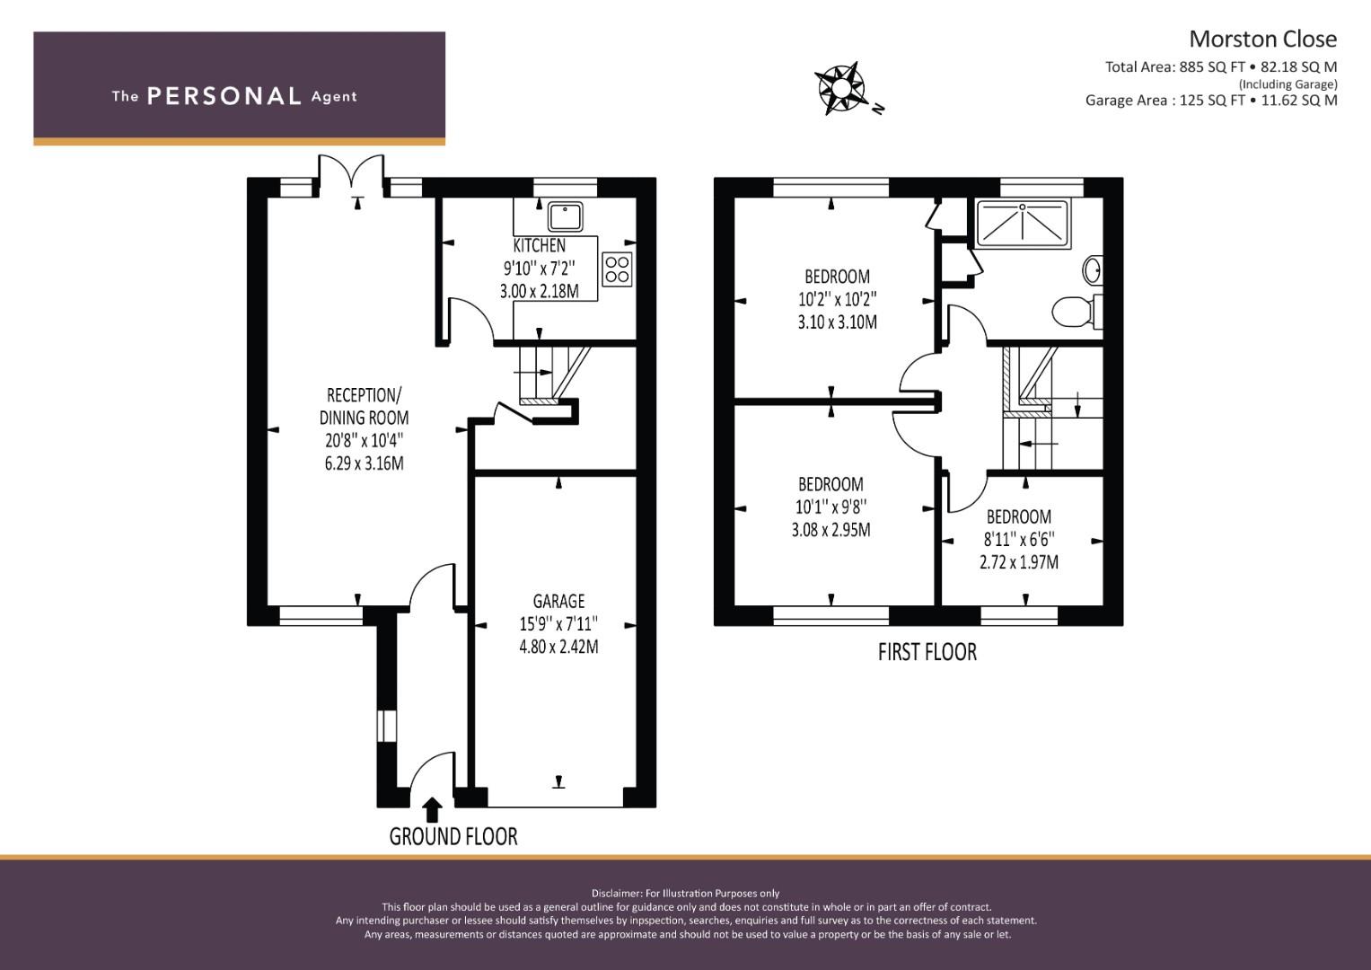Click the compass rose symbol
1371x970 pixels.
[x=841, y=88]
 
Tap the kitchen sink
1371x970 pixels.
[x=565, y=216]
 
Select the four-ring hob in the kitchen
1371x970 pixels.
[x=617, y=269]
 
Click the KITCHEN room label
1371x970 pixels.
[x=539, y=245]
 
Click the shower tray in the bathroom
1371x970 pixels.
[x=1022, y=222]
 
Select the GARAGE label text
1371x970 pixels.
[x=558, y=601]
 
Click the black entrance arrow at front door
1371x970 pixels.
[x=432, y=810]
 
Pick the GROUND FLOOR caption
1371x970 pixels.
[x=453, y=837]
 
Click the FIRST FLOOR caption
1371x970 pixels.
[x=927, y=652]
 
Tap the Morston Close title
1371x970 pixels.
[x=1262, y=39]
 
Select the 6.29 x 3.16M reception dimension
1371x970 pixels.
[x=364, y=463]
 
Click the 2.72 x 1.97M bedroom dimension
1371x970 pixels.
[x=1018, y=562]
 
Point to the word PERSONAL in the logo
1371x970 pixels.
[x=224, y=96]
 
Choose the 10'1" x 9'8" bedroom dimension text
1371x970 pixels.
[x=831, y=507]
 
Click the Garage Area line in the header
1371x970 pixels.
[x=1210, y=101]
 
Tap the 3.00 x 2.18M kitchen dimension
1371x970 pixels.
[x=539, y=291]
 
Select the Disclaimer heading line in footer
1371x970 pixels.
[x=685, y=893]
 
